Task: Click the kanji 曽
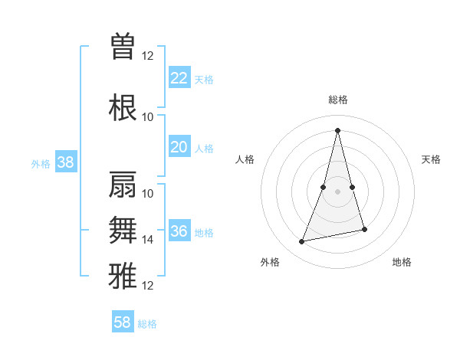(123, 46)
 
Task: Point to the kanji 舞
(123, 230)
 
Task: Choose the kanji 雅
(123, 273)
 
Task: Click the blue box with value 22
(179, 77)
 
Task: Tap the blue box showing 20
(179, 147)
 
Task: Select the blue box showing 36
(179, 231)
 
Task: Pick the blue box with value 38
(65, 162)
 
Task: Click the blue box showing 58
(123, 322)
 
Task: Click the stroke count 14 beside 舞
(148, 240)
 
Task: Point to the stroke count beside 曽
(148, 55)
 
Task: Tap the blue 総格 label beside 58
(147, 324)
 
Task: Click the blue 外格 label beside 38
(41, 163)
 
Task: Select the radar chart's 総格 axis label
(337, 100)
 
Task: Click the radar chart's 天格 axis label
(431, 159)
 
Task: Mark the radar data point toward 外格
(302, 242)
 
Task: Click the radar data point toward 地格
(364, 230)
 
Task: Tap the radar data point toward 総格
(337, 130)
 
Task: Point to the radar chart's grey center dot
(337, 191)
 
